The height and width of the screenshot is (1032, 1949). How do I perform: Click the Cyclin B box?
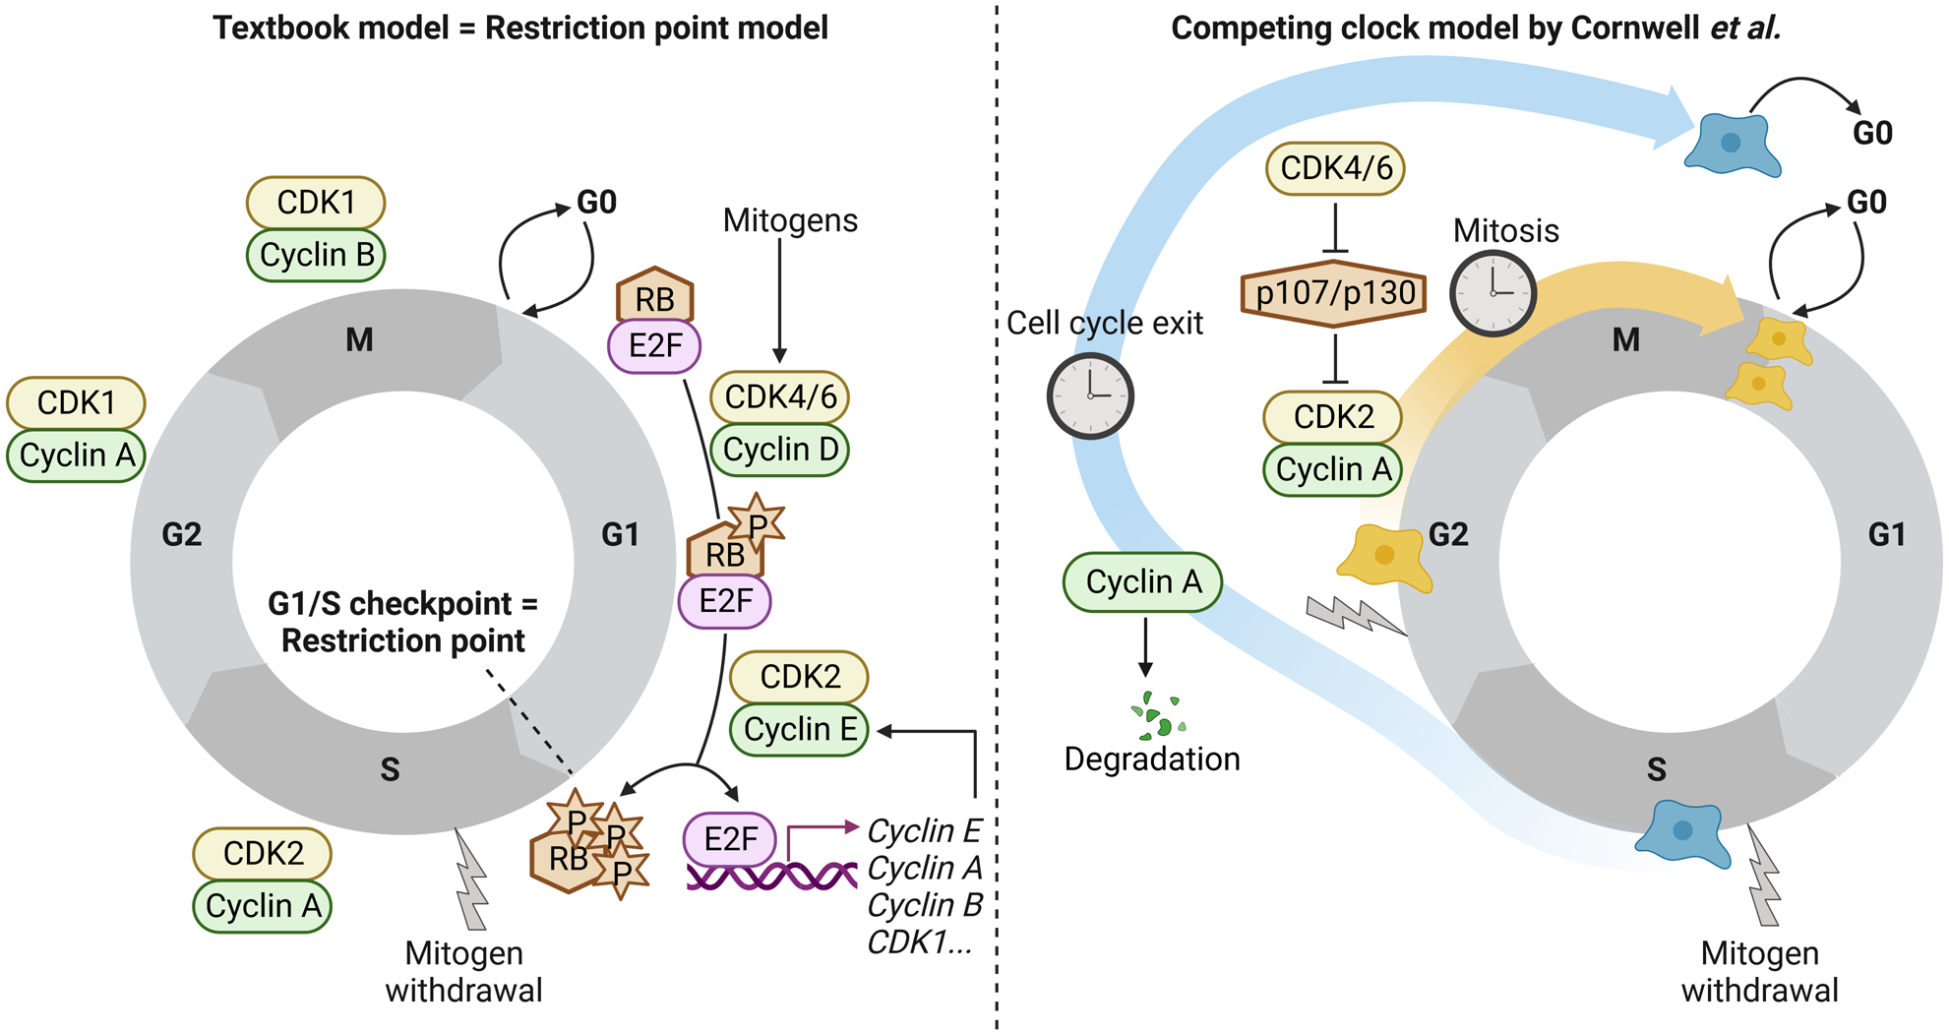(316, 255)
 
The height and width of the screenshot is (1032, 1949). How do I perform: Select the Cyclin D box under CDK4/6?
(780, 450)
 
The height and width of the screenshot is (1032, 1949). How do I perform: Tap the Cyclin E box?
(800, 729)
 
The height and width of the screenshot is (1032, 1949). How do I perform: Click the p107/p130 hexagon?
(1334, 293)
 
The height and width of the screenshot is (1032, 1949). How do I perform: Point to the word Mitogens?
(790, 220)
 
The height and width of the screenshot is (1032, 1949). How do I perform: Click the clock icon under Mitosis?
(1492, 293)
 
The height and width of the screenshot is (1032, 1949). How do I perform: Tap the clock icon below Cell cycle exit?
(1090, 395)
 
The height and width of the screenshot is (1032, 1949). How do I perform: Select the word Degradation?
(1152, 759)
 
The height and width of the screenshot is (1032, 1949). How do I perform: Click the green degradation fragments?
(1158, 716)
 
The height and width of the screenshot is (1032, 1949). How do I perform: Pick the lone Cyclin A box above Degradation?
(1142, 582)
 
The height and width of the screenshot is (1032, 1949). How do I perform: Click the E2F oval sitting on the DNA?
(730, 839)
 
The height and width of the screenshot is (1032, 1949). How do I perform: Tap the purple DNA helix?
(771, 876)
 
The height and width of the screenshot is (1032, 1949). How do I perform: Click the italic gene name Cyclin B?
(925, 905)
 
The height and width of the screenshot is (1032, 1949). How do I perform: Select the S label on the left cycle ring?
(390, 769)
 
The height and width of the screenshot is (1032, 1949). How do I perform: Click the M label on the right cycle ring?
(1626, 340)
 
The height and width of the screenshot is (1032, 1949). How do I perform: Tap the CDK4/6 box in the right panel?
(1335, 168)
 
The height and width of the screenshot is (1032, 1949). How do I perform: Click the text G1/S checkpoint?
(402, 603)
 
